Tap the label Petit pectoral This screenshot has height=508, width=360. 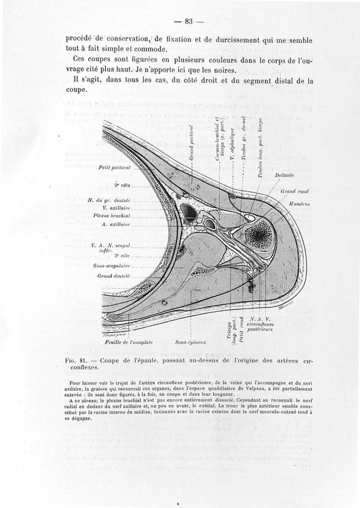[114, 168]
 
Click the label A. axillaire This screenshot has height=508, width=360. [117, 223]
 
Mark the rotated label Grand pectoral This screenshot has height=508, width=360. [191, 143]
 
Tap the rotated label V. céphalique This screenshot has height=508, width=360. [231, 144]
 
